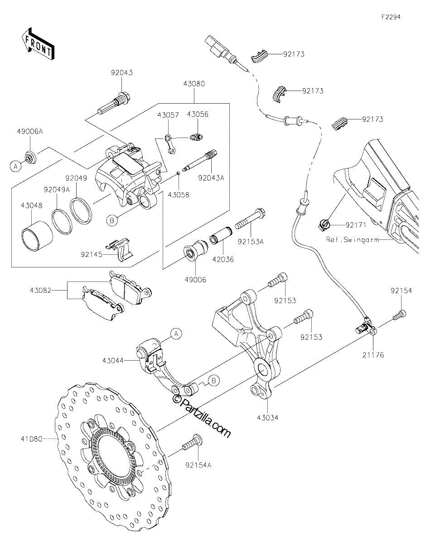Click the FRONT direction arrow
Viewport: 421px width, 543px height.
pos(38,44)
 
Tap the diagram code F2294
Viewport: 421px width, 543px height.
pos(391,17)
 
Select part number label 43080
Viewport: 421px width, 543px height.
pos(194,84)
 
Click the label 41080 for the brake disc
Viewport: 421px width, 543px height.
pos(32,439)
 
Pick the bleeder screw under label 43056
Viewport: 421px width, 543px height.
pos(196,137)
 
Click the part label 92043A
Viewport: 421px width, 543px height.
pos(211,178)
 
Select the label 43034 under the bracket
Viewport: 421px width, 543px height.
pos(267,417)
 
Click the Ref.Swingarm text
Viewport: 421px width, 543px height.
pos(352,240)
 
